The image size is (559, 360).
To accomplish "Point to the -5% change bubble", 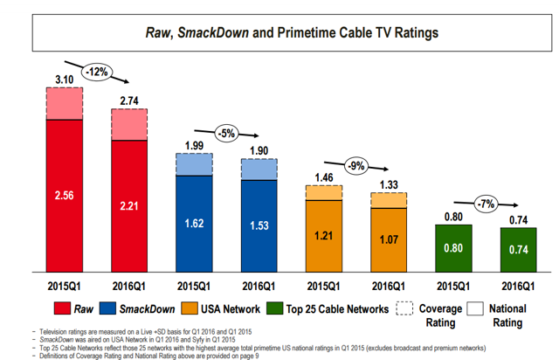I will [x=227, y=133].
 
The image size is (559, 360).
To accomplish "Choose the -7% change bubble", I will [x=485, y=204].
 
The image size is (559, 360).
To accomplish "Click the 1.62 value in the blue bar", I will [x=193, y=223].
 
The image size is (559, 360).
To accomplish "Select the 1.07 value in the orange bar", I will [x=388, y=237].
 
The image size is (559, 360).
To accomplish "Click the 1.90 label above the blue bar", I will [x=259, y=150].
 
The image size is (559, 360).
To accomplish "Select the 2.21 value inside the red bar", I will [x=129, y=206].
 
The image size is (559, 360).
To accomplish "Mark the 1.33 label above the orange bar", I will [x=388, y=183].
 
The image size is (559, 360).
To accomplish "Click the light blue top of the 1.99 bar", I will [x=193, y=164].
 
